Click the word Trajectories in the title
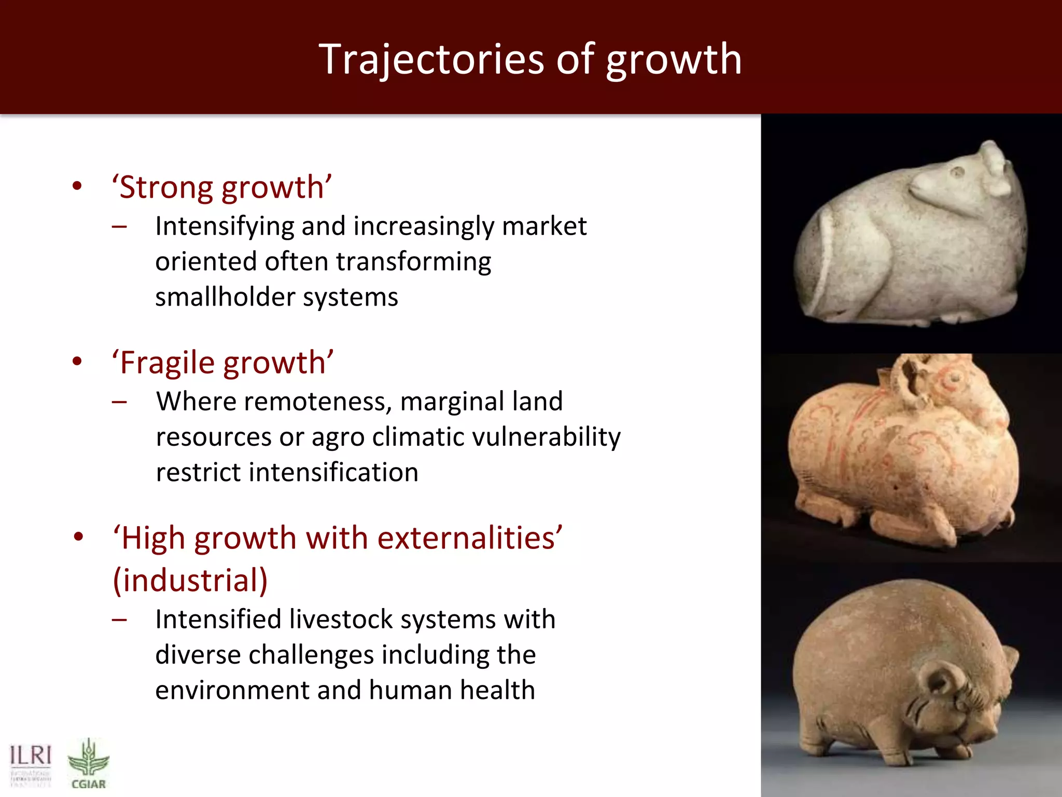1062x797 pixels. (x=431, y=59)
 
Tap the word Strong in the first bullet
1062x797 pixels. (x=166, y=187)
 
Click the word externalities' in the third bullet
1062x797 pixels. (x=470, y=538)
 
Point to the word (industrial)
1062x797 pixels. (x=190, y=580)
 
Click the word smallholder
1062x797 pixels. (x=225, y=297)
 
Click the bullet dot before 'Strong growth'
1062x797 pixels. (x=77, y=186)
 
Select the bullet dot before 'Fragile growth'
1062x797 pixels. (x=77, y=362)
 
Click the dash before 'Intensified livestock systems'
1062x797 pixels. (x=119, y=620)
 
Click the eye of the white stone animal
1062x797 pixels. (x=957, y=172)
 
